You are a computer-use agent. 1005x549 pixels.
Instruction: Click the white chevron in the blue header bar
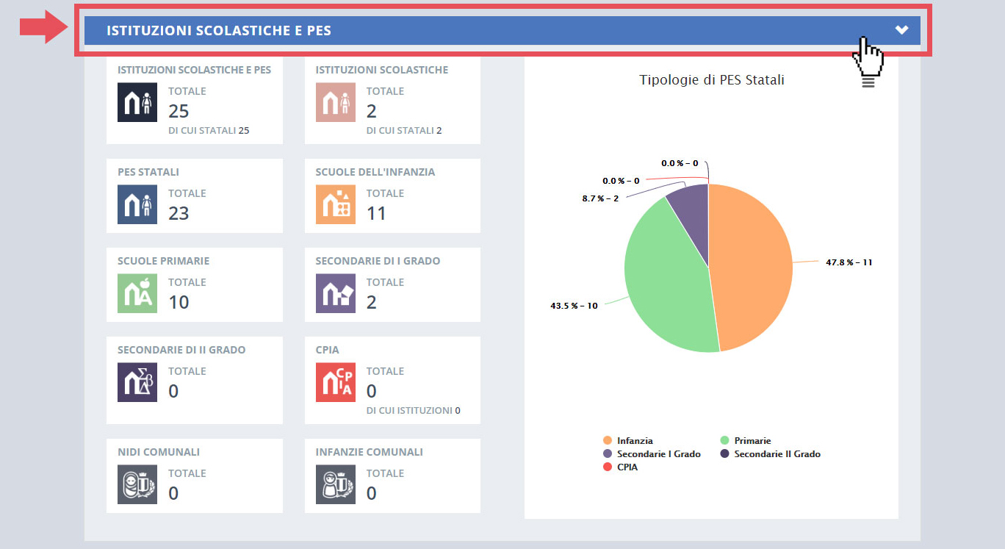pyautogui.click(x=901, y=30)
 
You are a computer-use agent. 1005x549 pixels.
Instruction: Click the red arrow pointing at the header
pyautogui.click(x=43, y=28)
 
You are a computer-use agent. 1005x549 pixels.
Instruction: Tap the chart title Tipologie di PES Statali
pyautogui.click(x=711, y=80)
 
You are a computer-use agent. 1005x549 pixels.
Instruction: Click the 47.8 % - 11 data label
pyautogui.click(x=849, y=262)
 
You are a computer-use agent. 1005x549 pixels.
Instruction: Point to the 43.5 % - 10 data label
pyautogui.click(x=574, y=306)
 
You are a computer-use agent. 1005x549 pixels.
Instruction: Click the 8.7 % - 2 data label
pyautogui.click(x=600, y=198)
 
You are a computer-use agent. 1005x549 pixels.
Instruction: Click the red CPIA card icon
pyautogui.click(x=335, y=382)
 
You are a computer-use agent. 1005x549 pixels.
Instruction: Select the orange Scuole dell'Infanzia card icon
pyautogui.click(x=335, y=204)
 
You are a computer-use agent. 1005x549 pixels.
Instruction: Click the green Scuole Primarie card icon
pyautogui.click(x=137, y=293)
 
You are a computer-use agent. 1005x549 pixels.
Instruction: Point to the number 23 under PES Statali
pyautogui.click(x=179, y=213)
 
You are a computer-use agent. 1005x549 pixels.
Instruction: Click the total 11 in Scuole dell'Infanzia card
pyautogui.click(x=376, y=213)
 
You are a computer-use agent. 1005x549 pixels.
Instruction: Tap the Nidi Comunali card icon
pyautogui.click(x=137, y=484)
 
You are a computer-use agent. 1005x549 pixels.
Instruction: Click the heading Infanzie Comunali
pyautogui.click(x=369, y=452)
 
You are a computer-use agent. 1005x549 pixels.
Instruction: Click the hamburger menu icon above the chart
pyautogui.click(x=868, y=82)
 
